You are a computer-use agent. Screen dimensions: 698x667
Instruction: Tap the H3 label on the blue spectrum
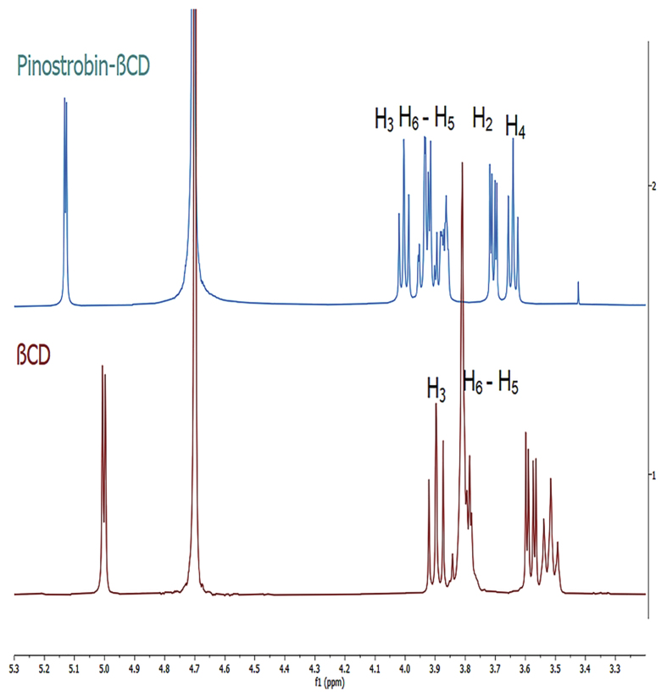pyautogui.click(x=384, y=120)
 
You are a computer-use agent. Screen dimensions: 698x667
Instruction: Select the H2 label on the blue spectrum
pyautogui.click(x=483, y=120)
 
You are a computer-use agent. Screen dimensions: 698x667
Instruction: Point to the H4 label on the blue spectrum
pyautogui.click(x=515, y=127)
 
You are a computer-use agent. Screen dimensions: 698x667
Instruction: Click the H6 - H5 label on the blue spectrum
pyautogui.click(x=427, y=120)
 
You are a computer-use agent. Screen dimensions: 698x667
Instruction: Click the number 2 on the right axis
pyautogui.click(x=651, y=186)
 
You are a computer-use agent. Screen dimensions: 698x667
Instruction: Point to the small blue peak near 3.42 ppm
pyautogui.click(x=578, y=292)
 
